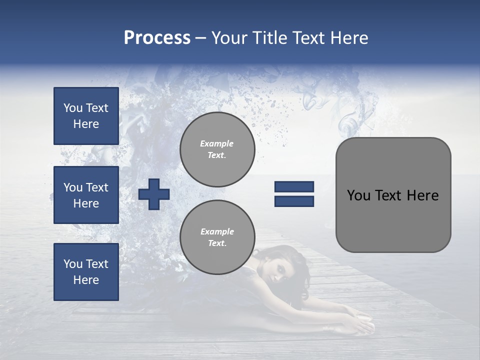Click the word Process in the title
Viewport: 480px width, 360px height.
pyautogui.click(x=157, y=38)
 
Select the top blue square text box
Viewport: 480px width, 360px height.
pyautogui.click(x=86, y=116)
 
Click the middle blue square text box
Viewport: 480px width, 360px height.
pyautogui.click(x=86, y=195)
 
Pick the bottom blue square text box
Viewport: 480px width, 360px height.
pyautogui.click(x=86, y=272)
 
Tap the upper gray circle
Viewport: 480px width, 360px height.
pyautogui.click(x=217, y=149)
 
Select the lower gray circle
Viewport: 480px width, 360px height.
pyautogui.click(x=217, y=237)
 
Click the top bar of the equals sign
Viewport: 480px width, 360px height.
pyautogui.click(x=294, y=187)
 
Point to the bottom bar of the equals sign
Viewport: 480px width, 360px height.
pyautogui.click(x=294, y=201)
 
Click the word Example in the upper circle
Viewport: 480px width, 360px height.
pyautogui.click(x=216, y=144)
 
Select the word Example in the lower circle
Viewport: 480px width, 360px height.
pyautogui.click(x=217, y=232)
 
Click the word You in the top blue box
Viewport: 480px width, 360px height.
pyautogui.click(x=73, y=108)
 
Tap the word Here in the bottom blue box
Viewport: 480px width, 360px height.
pyautogui.click(x=86, y=280)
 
